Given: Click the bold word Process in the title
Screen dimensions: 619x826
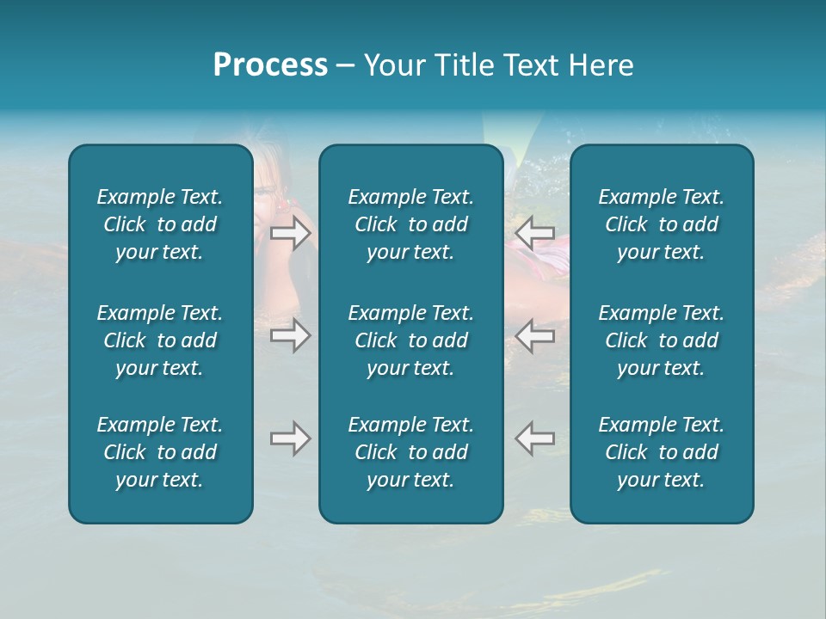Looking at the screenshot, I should click(x=270, y=65).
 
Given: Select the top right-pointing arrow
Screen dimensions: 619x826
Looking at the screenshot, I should click(x=291, y=232).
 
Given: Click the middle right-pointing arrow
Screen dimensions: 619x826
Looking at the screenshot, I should click(x=291, y=335).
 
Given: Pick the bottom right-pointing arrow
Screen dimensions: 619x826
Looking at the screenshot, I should click(x=291, y=438).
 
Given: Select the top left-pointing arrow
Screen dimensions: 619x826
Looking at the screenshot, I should click(x=534, y=232).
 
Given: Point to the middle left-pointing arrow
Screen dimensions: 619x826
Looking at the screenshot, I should click(x=534, y=335).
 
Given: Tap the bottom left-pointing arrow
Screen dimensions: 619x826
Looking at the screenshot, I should click(x=534, y=438).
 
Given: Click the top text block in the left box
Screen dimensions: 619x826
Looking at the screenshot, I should click(x=160, y=224).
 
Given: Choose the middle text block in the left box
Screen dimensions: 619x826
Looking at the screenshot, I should click(x=160, y=340).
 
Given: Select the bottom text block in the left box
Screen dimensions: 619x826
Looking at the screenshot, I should click(x=160, y=452).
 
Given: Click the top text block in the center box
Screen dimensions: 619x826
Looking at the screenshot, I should click(x=410, y=224).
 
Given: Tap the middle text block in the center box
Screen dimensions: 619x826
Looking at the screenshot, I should click(x=410, y=340).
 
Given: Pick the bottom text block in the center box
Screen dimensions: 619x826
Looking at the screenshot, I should click(x=410, y=452).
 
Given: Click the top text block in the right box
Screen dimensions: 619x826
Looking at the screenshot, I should click(x=661, y=224).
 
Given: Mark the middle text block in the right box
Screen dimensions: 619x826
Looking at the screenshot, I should click(x=661, y=340).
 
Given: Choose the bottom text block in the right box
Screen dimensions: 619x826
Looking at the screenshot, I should click(x=661, y=452).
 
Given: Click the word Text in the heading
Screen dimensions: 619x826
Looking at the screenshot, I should click(x=533, y=65).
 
